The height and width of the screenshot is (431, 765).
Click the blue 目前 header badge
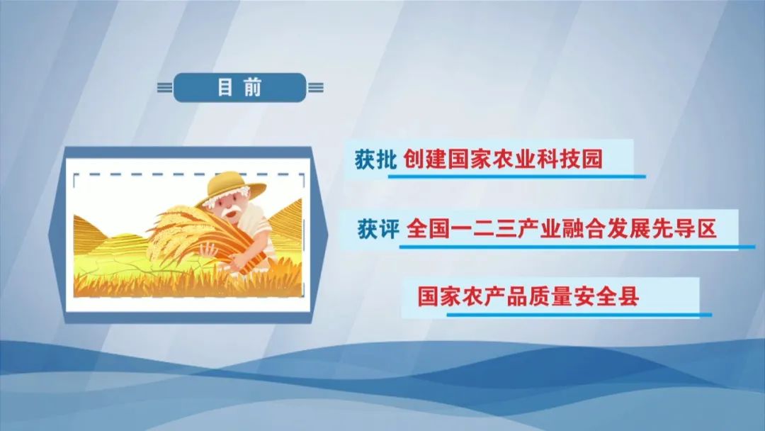[239, 88]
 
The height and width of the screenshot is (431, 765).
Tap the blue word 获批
[375, 159]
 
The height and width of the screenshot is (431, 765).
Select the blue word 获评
[378, 228]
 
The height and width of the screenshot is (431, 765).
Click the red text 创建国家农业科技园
[504, 159]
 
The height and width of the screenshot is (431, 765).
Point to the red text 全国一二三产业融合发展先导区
[562, 228]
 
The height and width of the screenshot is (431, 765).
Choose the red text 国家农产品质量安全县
[528, 296]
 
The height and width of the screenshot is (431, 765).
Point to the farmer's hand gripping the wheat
[209, 250]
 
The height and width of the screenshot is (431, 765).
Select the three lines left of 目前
[165, 88]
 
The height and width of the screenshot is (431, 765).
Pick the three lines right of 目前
[316, 88]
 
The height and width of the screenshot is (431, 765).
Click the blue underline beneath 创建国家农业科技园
[516, 177]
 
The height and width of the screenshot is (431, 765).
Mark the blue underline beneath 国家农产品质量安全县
[579, 314]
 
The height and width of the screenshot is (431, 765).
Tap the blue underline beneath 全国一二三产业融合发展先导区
[577, 247]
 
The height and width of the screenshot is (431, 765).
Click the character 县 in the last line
[628, 296]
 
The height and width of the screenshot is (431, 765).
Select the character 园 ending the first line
[593, 159]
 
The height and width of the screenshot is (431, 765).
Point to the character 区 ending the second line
[706, 228]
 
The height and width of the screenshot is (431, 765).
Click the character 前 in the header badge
[253, 88]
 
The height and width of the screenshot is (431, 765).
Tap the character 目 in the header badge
[225, 88]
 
